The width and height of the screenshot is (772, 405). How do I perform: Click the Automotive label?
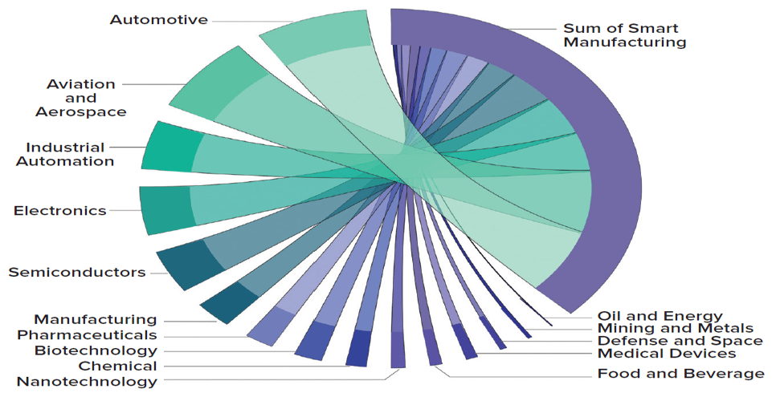pyautogui.click(x=158, y=19)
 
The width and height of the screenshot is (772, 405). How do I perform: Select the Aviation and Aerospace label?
pyautogui.click(x=80, y=98)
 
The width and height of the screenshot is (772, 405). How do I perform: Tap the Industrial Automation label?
pyautogui.click(x=70, y=154)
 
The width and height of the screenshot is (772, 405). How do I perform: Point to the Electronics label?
pyautogui.click(x=59, y=211)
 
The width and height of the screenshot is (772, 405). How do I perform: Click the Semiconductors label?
pyautogui.click(x=77, y=273)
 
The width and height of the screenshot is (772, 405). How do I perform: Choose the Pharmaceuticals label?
pyautogui.click(x=87, y=334)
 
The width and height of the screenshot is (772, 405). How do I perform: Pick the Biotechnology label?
pyautogui.click(x=96, y=350)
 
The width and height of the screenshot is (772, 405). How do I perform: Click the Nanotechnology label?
pyautogui.click(x=87, y=382)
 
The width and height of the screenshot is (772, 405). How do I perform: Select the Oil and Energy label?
pyautogui.click(x=660, y=316)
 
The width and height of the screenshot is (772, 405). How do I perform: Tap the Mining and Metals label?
pyautogui.click(x=675, y=328)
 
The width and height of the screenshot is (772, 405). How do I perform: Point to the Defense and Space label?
pyautogui.click(x=680, y=341)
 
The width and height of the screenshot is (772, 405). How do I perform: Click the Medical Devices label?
pyautogui.click(x=666, y=354)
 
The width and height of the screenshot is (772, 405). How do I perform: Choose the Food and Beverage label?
pyautogui.click(x=680, y=374)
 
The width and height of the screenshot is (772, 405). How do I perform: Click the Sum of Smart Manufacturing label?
pyautogui.click(x=624, y=34)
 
